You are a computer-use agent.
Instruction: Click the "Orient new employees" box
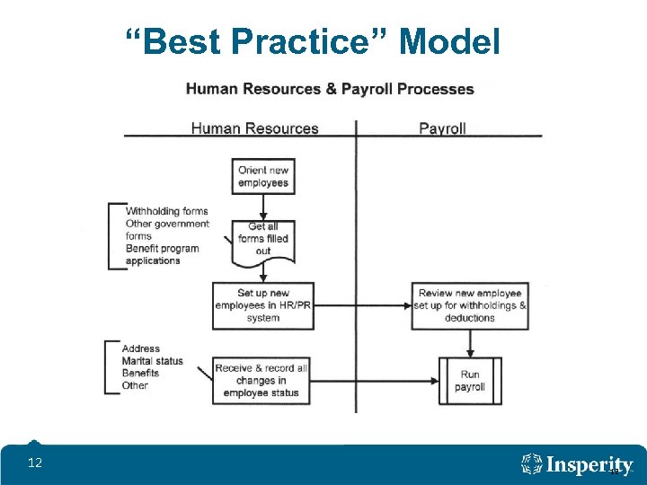point(262,176)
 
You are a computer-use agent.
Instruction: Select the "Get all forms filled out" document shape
point(262,239)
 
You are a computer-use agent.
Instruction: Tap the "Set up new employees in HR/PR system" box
point(262,305)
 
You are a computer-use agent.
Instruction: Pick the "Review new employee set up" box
point(470,305)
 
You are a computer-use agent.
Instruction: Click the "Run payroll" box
point(470,381)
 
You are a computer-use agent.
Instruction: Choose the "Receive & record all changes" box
point(262,381)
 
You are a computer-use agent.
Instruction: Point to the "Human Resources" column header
point(254,128)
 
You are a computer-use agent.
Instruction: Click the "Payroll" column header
point(442,128)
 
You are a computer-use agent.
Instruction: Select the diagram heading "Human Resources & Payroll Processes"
point(329,89)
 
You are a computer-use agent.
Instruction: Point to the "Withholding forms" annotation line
point(167,212)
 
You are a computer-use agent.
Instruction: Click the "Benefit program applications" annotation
point(162,254)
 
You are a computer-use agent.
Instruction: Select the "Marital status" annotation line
point(153,361)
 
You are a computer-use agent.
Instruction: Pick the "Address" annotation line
point(141,348)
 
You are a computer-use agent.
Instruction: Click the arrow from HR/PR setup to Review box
point(363,305)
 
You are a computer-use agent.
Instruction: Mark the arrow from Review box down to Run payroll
point(470,342)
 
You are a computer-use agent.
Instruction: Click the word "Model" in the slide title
point(450,41)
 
